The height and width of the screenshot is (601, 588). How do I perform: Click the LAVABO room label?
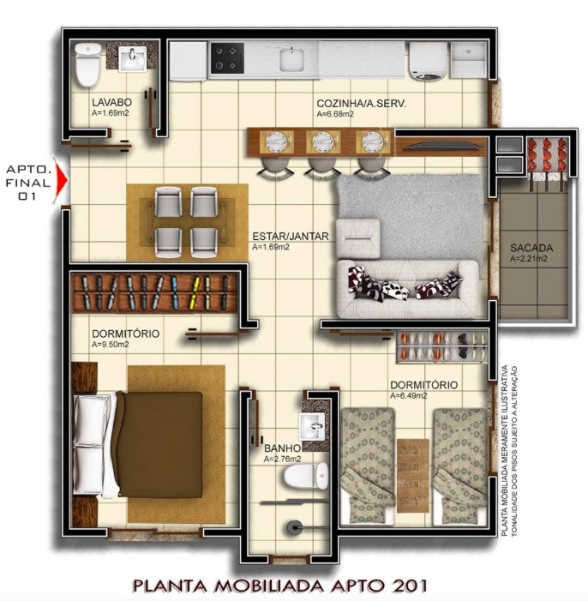[111, 102]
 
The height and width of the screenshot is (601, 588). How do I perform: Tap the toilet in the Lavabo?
[88, 64]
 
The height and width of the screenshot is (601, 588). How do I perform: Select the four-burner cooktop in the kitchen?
[227, 58]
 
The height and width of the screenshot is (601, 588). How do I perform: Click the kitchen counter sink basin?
[291, 59]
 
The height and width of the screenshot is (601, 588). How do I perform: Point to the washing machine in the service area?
[429, 61]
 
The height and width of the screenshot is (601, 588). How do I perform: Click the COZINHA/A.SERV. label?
[361, 103]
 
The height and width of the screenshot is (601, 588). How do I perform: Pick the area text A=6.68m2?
[335, 114]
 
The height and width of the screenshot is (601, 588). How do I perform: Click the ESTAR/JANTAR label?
[291, 236]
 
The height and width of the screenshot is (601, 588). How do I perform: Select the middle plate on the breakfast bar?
[323, 141]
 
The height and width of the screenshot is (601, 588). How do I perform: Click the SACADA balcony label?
[531, 248]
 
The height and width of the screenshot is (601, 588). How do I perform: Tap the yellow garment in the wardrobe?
[196, 292]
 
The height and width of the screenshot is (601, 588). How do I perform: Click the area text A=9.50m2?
[111, 345]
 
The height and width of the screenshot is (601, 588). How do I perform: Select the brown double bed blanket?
[159, 444]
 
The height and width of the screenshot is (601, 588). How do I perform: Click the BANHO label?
[282, 448]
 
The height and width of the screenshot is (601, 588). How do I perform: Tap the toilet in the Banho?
[306, 476]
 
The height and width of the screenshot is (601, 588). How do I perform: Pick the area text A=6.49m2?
[409, 396]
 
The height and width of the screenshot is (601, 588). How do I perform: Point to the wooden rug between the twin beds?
[413, 475]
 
